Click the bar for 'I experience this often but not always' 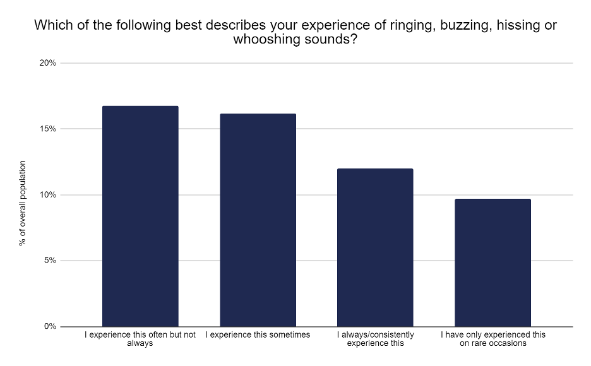140,216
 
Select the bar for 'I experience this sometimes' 258,220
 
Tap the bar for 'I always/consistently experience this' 375,247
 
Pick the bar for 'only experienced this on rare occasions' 492,263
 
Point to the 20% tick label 48,63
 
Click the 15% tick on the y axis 48,129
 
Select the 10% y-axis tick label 48,195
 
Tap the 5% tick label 51,261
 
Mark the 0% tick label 51,326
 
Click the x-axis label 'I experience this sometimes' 258,334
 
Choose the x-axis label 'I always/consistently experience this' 375,339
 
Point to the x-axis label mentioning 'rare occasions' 492,339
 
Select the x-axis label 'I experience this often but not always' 140,339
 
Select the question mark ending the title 362,40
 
